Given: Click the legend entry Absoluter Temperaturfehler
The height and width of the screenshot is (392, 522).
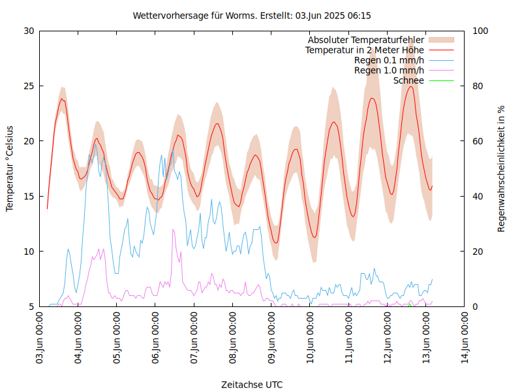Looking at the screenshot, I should point(366,41).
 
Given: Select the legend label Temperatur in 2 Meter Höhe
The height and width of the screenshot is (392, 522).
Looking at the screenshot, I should point(365,50).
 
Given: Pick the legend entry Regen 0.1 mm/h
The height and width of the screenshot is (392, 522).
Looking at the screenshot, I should point(389,60).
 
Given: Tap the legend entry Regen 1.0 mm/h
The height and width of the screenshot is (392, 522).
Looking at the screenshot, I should point(389,71).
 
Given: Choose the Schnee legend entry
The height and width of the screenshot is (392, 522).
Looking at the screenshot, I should point(408,80).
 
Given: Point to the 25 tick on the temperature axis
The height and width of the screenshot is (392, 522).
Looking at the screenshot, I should point(29,86).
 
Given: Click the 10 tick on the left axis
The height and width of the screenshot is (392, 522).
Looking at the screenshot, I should point(29,252).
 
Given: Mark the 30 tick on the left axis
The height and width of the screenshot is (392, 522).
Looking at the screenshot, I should point(29,31).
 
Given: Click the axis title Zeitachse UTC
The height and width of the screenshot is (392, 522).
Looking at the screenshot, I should point(252,384).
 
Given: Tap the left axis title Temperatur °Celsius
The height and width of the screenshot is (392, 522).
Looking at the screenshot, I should point(10,169).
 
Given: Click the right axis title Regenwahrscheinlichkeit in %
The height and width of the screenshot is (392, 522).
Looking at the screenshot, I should point(502,169).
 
